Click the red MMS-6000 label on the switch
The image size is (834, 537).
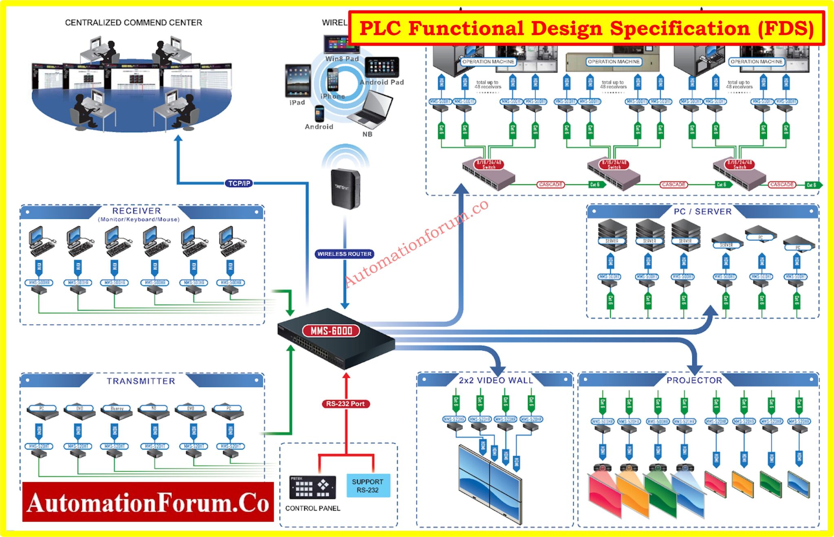click(331, 331)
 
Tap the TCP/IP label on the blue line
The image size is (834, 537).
click(239, 183)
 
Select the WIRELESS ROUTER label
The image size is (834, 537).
click(345, 254)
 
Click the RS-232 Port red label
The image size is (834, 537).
click(345, 404)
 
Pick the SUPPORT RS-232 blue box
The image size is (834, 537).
click(368, 486)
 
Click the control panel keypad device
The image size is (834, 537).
click(312, 487)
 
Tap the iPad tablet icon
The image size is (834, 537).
click(298, 81)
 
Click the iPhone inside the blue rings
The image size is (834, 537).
click(333, 80)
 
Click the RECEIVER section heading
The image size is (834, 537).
click(136, 211)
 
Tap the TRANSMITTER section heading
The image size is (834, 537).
click(141, 381)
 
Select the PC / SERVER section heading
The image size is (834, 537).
click(702, 212)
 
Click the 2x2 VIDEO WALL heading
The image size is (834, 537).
click(496, 380)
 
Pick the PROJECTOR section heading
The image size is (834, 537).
click(694, 380)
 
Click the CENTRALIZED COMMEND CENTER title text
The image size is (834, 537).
click(134, 22)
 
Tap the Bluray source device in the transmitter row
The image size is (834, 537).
click(117, 411)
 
